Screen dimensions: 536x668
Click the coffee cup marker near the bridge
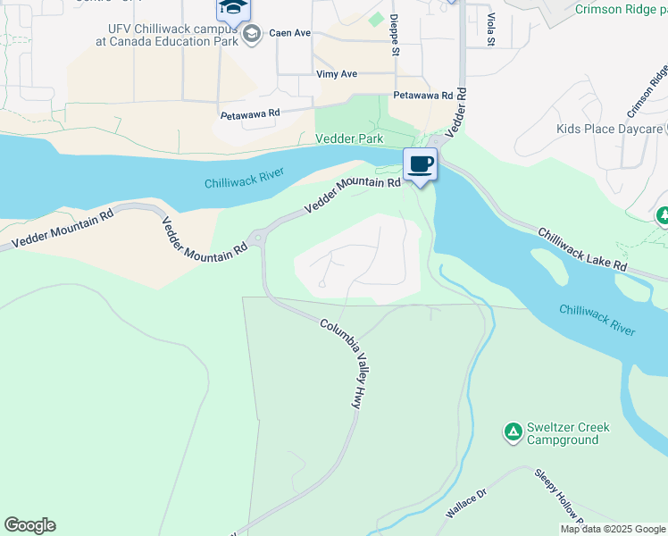point(420,163)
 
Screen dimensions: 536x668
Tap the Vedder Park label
point(349,139)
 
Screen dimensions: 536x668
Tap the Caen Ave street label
point(290,33)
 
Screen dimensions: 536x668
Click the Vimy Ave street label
point(337,74)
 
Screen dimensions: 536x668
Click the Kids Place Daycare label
point(609,130)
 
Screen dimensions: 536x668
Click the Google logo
point(29,525)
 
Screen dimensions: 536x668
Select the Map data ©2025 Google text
point(613,529)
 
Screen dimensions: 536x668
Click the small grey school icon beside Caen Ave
point(253,34)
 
